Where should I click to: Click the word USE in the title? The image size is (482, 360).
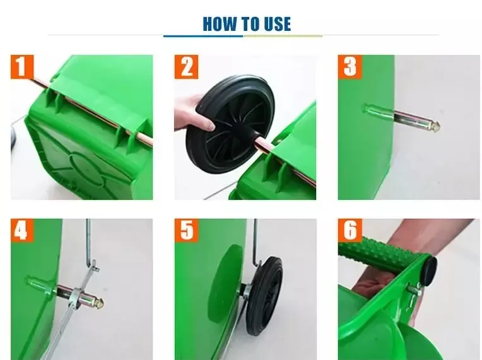pos(277,24)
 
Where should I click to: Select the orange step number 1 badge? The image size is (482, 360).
pos(22,67)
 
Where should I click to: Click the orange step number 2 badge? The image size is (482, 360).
pos(186,67)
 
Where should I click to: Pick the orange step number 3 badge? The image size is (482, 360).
pos(350,67)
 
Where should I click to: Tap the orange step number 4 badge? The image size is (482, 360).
pos(22,230)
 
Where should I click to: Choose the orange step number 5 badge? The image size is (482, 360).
pos(186,230)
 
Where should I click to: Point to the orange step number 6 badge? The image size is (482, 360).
pos(350,230)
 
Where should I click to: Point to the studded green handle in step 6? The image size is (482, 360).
pos(381,253)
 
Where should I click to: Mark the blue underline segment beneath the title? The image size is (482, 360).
pos(203,36)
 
